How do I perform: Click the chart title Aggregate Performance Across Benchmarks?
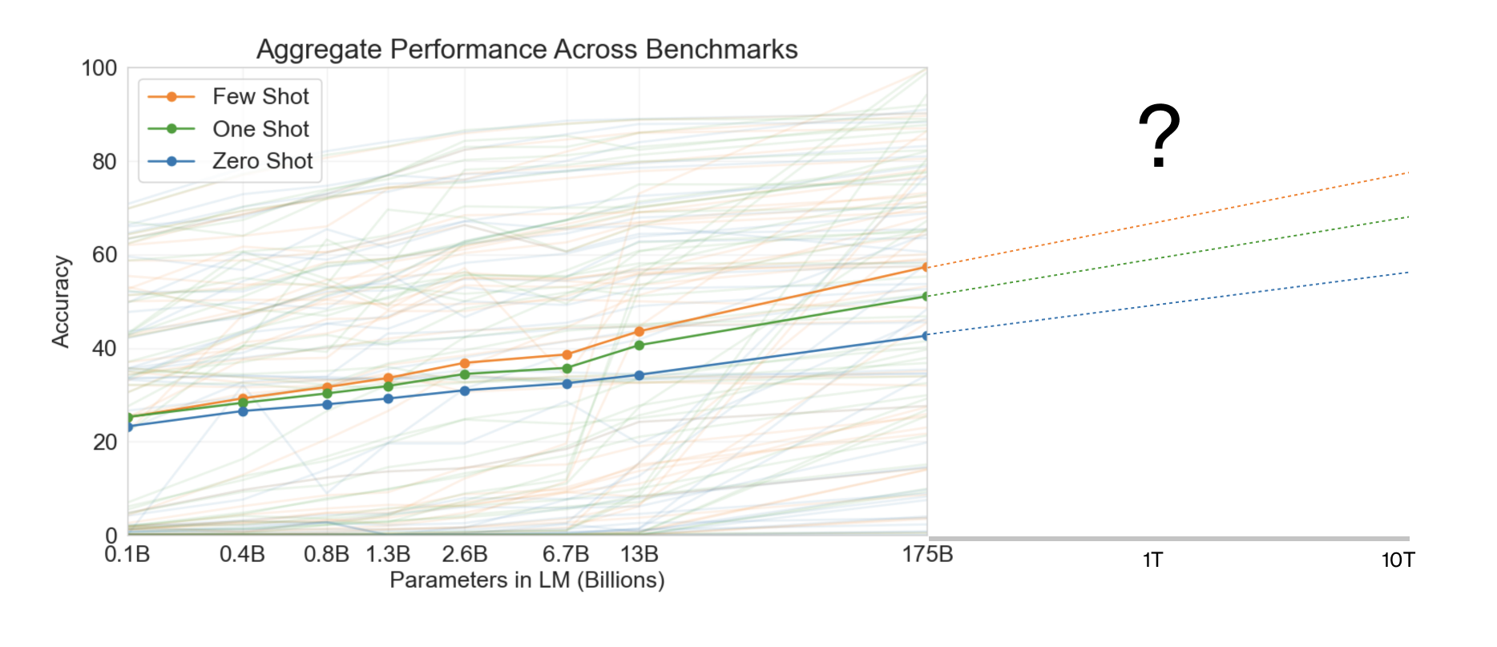click(527, 50)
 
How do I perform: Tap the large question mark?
click(1159, 136)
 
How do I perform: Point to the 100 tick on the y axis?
click(99, 69)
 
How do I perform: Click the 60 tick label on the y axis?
click(104, 255)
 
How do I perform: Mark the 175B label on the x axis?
click(927, 555)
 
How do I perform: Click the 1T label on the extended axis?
click(1152, 560)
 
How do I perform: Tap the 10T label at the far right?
click(1398, 560)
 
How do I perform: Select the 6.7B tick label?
click(566, 555)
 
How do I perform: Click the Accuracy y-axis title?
click(61, 301)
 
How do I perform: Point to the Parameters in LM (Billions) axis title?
click(527, 580)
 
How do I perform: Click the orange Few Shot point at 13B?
click(640, 331)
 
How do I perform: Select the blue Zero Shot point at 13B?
click(640, 375)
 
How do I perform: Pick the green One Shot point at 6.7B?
click(567, 369)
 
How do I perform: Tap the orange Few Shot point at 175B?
click(926, 267)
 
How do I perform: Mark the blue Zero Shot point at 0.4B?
click(243, 411)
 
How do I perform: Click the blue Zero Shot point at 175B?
click(926, 335)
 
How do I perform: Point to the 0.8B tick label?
click(326, 555)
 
